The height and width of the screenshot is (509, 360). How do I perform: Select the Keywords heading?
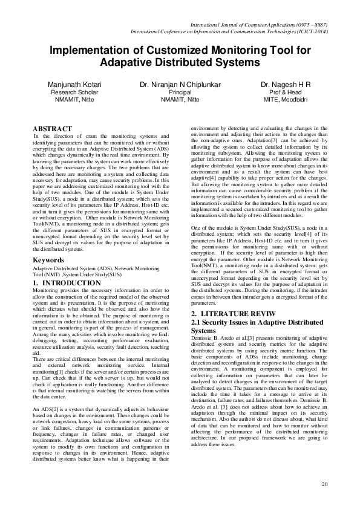tap(49, 260)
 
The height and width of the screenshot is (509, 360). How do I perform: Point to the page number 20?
tap(324, 484)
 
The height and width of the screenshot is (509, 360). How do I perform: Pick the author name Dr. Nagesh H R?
tap(285, 84)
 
